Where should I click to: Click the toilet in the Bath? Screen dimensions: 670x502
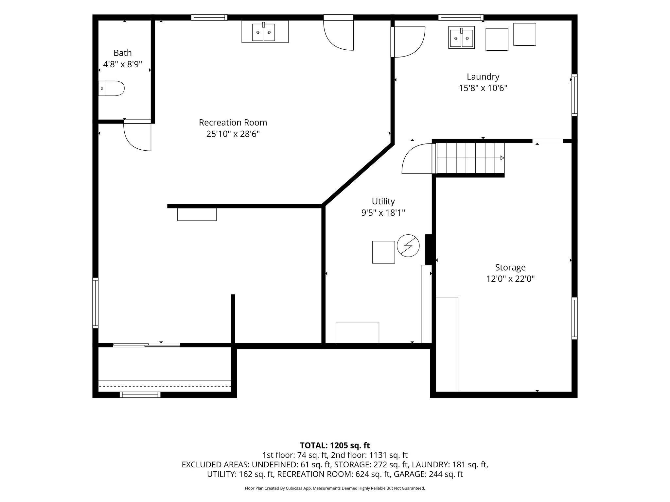[111, 88]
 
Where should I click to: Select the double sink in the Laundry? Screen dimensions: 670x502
[461, 38]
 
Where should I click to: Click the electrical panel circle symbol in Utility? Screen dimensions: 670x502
[408, 246]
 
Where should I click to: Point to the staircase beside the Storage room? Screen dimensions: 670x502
[468, 158]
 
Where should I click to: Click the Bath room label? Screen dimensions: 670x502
[123, 53]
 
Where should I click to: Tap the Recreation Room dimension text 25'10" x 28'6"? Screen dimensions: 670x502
[233, 134]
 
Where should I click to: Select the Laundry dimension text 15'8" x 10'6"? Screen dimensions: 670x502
[483, 88]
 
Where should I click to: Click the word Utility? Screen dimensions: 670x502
[383, 201]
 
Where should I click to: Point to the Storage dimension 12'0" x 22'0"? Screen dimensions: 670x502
[510, 279]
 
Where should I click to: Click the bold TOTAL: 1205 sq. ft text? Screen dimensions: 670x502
[335, 445]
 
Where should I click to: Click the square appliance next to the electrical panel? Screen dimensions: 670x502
[383, 252]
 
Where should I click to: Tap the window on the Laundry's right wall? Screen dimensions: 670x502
[574, 95]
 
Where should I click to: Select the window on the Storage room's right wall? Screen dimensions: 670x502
[574, 318]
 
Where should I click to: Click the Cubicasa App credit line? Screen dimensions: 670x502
[335, 488]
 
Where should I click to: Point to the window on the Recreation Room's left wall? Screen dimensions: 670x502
[96, 303]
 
